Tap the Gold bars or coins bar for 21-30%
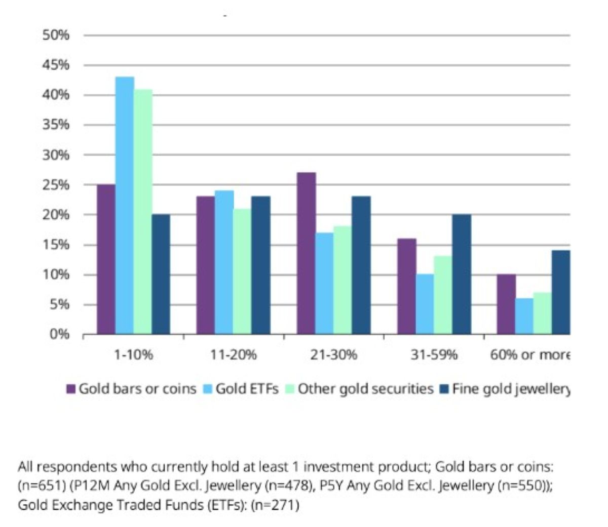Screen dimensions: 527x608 pyautogui.click(x=306, y=253)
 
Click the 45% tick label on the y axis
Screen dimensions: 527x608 pyautogui.click(x=56, y=65)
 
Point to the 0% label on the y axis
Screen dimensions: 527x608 pyautogui.click(x=59, y=334)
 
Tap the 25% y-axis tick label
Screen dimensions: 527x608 pyautogui.click(x=56, y=185)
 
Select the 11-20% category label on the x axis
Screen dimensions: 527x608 pyautogui.click(x=233, y=355)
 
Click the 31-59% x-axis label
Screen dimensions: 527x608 pyautogui.click(x=434, y=355)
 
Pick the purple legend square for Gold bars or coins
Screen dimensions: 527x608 pyautogui.click(x=71, y=389)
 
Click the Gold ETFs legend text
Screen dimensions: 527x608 pyautogui.click(x=247, y=389)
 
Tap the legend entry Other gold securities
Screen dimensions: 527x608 pyautogui.click(x=365, y=389)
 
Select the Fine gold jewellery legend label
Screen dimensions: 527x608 pyautogui.click(x=511, y=389)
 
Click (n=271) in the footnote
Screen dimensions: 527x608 pyautogui.click(x=275, y=505)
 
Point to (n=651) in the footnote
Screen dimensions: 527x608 pyautogui.click(x=42, y=485)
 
